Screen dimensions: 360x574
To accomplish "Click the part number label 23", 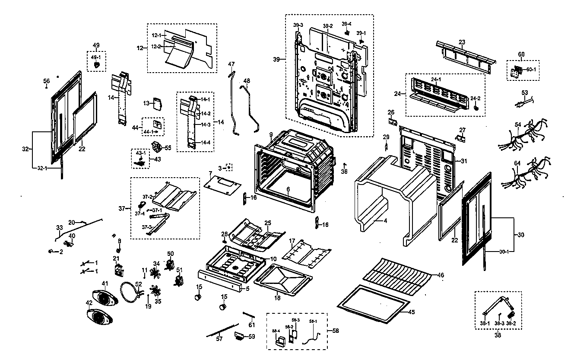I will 462,42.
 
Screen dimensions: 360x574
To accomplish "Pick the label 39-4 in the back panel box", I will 346,23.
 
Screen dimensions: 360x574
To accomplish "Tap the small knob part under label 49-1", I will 97,65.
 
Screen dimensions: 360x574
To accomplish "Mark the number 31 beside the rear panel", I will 464,161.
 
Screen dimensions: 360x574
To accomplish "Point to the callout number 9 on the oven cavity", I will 271,134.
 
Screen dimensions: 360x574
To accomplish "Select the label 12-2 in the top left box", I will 156,46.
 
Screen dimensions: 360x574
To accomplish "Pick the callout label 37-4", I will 140,213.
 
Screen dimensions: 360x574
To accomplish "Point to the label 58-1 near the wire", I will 313,322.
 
